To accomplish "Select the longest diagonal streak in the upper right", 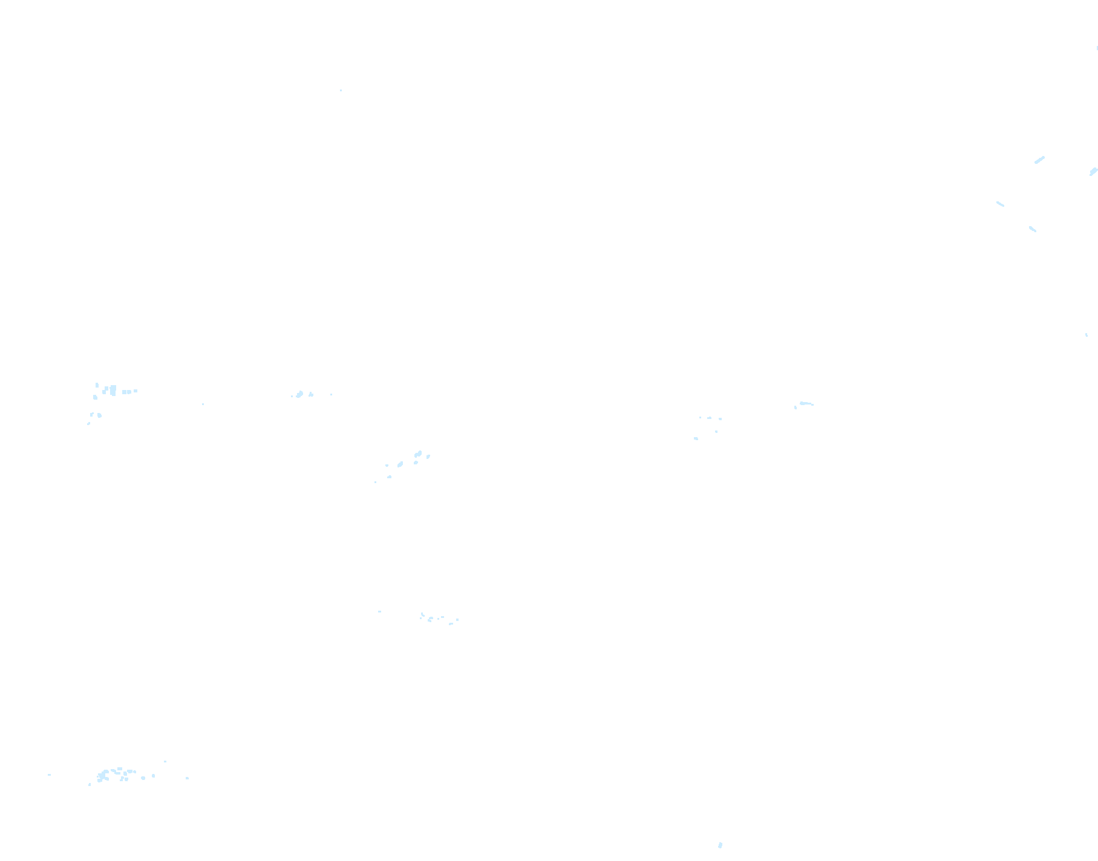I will coord(1039,160).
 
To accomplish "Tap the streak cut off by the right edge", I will coord(1093,172).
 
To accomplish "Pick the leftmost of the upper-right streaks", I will coord(1000,204).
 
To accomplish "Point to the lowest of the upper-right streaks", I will coord(1033,229).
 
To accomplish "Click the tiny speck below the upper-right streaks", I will coord(1087,334).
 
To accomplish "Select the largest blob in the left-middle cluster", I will coord(113,391).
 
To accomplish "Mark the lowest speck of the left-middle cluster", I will coord(88,423).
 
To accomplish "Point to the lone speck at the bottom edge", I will coord(720,845).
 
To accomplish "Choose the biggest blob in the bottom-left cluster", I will coord(102,776).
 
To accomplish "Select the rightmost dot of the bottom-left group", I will coord(187,778).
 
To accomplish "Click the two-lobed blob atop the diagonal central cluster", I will coord(418,454).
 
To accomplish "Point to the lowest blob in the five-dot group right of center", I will coord(696,438).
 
